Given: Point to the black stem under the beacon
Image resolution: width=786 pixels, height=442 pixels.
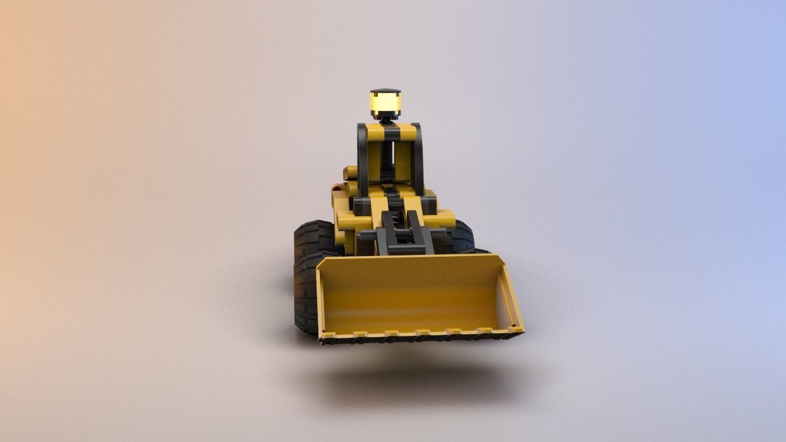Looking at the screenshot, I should (386, 119).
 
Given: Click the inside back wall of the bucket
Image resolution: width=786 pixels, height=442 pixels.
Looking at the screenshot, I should (411, 292).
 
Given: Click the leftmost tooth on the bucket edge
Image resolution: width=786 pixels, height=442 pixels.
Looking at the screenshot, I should (327, 336).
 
